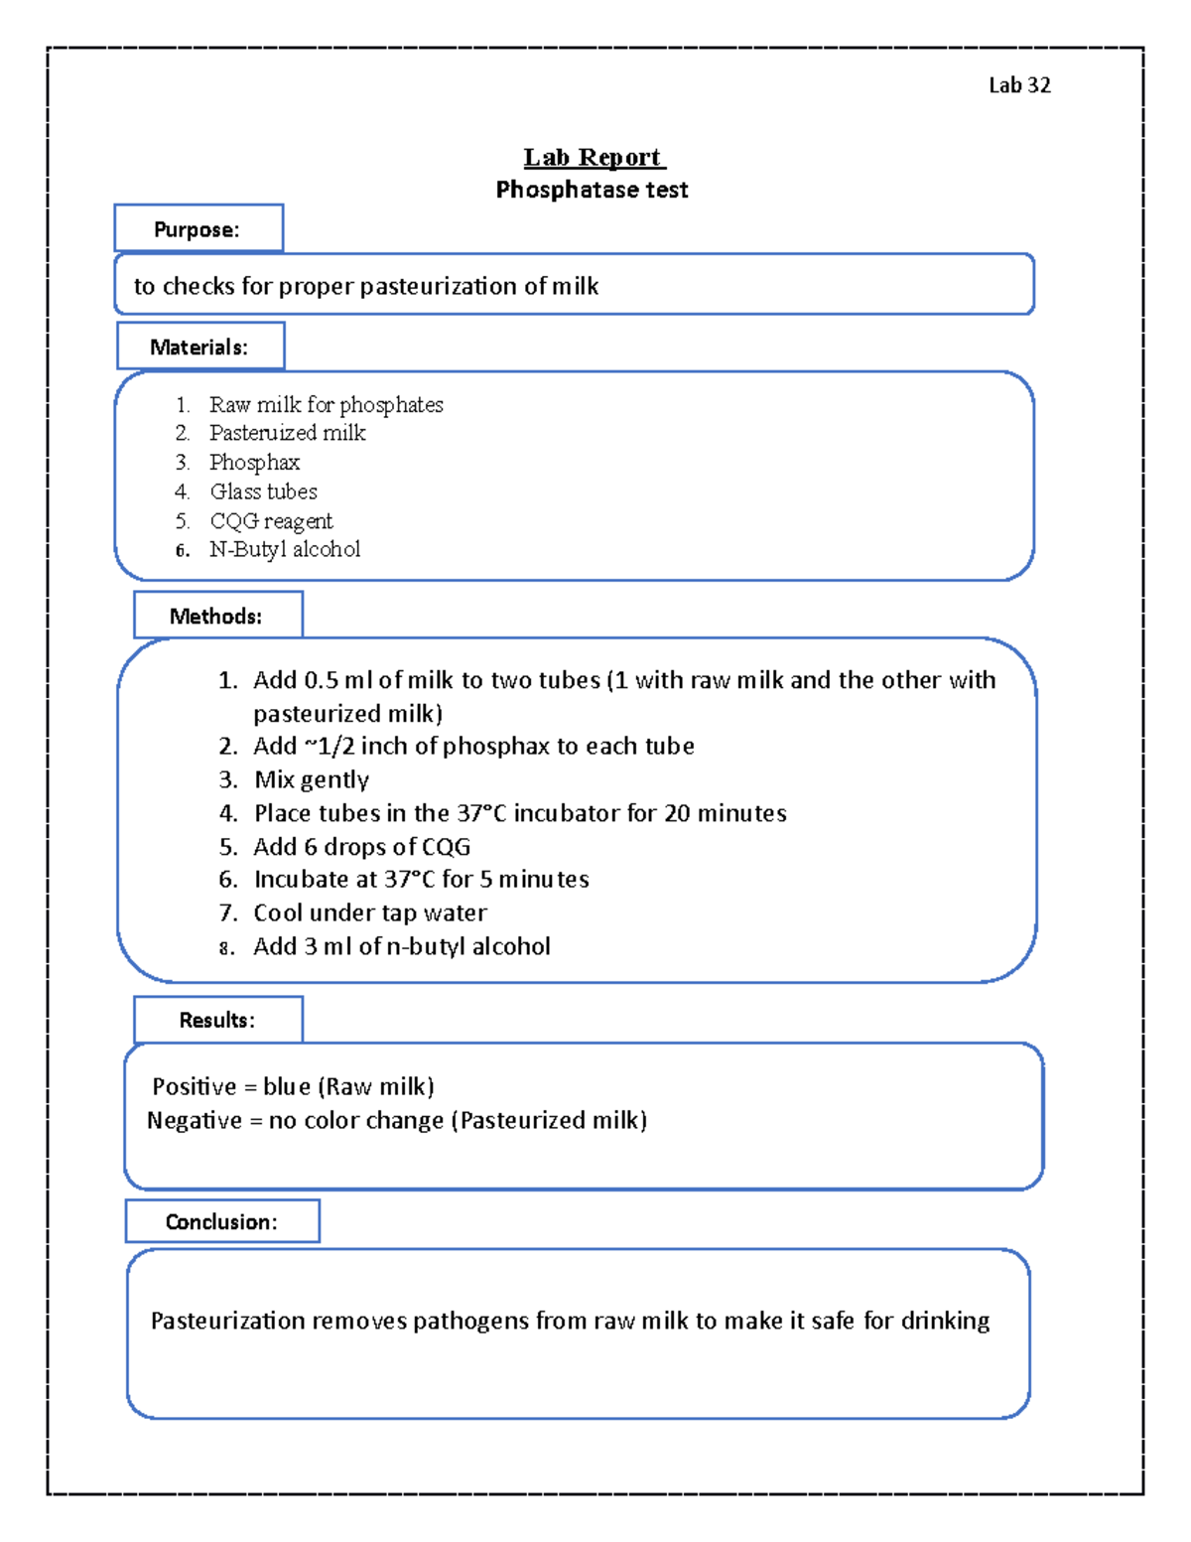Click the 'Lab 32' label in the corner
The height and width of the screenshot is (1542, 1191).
(x=1018, y=85)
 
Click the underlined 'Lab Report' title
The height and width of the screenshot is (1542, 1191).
(x=594, y=157)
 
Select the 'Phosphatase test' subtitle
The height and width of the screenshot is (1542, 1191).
(x=592, y=190)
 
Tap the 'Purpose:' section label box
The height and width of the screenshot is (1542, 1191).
(x=198, y=229)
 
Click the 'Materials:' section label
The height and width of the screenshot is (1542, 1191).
(x=199, y=347)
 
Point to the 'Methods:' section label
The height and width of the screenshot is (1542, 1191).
(x=216, y=616)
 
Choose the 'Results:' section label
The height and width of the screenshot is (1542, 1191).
(x=217, y=1020)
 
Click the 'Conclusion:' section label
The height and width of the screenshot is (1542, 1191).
(x=221, y=1221)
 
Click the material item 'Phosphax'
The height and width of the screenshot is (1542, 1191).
(x=254, y=463)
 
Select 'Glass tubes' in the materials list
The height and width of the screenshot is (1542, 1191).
(x=263, y=491)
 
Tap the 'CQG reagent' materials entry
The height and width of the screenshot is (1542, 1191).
(x=271, y=521)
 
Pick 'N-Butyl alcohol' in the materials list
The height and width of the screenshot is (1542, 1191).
(x=285, y=549)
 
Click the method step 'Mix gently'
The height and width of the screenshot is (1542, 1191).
(x=312, y=779)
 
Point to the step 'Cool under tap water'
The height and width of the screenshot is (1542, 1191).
(x=370, y=912)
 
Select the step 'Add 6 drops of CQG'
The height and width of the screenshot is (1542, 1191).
(x=362, y=846)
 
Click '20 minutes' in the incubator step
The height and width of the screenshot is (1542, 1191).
(x=725, y=813)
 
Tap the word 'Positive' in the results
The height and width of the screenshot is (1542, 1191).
(x=195, y=1086)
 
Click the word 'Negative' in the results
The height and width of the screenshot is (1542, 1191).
(x=195, y=1120)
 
